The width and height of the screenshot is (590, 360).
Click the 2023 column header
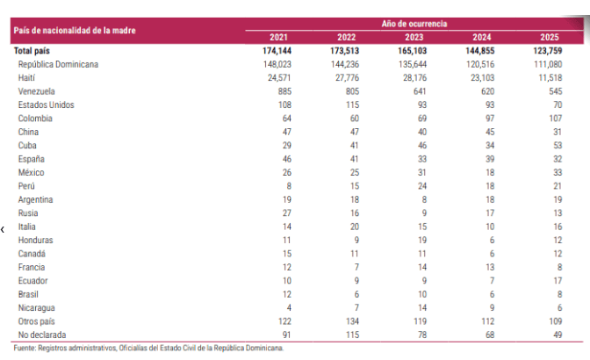(414, 37)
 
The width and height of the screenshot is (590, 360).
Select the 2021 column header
(278, 37)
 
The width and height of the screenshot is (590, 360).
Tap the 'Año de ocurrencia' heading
(414, 24)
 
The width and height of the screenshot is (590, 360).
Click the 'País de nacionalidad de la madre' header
(75, 31)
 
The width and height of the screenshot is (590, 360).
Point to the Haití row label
(26, 78)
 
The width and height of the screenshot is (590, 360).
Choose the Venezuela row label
(37, 91)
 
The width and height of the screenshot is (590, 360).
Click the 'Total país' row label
(32, 51)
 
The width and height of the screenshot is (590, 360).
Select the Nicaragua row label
(37, 308)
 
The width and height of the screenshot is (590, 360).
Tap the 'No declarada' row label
(42, 335)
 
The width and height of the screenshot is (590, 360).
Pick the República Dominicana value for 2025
(548, 64)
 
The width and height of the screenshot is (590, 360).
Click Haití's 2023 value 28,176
(413, 78)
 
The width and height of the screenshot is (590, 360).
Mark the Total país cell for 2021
(277, 51)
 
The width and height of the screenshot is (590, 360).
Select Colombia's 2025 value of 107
(555, 119)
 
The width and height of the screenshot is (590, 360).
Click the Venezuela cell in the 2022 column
(352, 91)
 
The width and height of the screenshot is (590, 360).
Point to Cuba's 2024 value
(490, 146)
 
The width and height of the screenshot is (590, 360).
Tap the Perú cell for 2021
(289, 186)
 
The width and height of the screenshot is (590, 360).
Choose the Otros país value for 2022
(352, 321)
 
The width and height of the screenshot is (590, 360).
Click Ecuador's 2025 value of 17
(558, 281)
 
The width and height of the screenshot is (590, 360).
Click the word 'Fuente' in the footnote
(25, 348)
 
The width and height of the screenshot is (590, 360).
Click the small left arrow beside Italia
(3, 229)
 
